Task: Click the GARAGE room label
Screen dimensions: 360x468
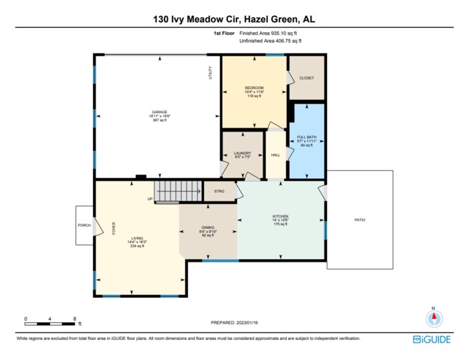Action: point(159,112)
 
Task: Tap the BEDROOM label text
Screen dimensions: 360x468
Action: point(254,88)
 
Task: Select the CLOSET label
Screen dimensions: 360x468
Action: point(306,78)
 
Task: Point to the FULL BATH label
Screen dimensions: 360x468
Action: point(306,137)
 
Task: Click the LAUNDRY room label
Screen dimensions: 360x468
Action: point(241,153)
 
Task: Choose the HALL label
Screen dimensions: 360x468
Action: point(275,155)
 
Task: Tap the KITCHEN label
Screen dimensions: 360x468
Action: point(279,216)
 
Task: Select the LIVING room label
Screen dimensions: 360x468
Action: point(137,238)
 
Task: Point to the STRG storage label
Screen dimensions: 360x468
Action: point(219,191)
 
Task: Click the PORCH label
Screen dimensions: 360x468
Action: point(84,225)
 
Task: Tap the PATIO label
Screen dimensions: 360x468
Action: point(360,220)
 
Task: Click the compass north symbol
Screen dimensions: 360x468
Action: point(433,317)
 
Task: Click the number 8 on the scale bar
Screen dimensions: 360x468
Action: point(74,319)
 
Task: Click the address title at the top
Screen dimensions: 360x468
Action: point(233,20)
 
